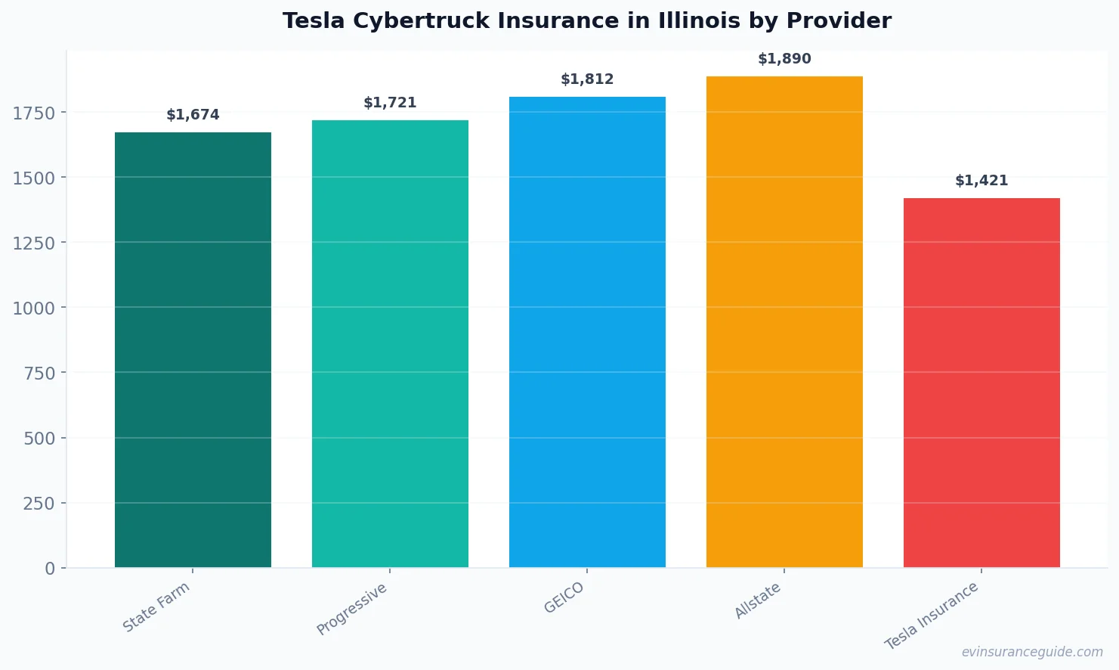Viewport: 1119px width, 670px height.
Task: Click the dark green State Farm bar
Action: click(x=193, y=349)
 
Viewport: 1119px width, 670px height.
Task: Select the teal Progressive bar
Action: click(x=390, y=343)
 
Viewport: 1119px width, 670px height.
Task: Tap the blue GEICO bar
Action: click(x=587, y=332)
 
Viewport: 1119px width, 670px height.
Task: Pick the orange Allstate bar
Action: click(x=784, y=321)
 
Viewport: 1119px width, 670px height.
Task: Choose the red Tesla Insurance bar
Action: click(x=981, y=383)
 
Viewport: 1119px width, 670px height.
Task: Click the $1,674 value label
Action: click(x=193, y=115)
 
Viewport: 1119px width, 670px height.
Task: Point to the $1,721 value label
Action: click(x=390, y=103)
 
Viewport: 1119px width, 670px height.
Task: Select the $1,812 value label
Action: click(x=587, y=79)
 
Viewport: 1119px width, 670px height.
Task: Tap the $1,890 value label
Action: click(x=784, y=59)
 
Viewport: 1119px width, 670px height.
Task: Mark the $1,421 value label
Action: click(x=981, y=181)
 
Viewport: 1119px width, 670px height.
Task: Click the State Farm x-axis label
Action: click(x=156, y=607)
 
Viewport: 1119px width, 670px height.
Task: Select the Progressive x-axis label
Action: click(x=352, y=609)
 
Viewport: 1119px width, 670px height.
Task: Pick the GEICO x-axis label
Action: click(x=564, y=598)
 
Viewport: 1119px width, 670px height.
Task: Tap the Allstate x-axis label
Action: click(x=758, y=601)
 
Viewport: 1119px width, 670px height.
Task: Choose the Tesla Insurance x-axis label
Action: click(x=932, y=616)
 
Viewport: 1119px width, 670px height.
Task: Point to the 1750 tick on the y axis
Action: click(x=34, y=113)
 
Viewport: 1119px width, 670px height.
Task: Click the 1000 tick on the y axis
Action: click(x=34, y=309)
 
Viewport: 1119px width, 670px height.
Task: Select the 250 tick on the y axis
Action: click(x=39, y=504)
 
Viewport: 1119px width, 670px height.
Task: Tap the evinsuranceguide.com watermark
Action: click(x=1031, y=652)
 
